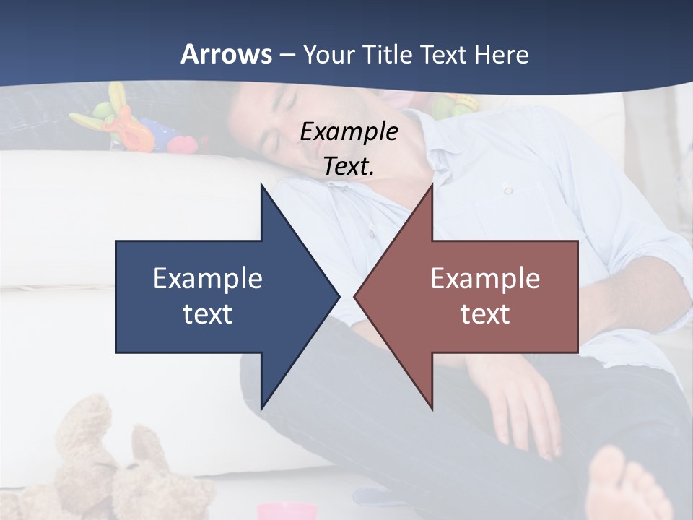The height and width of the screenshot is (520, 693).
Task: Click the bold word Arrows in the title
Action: click(227, 54)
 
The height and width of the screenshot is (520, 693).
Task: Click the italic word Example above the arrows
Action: click(349, 131)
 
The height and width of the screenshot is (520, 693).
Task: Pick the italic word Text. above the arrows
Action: click(349, 166)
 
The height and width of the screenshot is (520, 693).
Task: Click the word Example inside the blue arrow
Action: click(208, 279)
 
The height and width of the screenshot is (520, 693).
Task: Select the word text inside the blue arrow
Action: click(208, 313)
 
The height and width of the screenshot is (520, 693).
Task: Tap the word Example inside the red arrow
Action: click(485, 279)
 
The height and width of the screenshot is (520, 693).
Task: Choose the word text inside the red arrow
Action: click(485, 313)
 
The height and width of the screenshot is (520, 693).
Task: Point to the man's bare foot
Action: click(621, 484)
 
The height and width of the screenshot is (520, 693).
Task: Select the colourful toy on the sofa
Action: click(130, 123)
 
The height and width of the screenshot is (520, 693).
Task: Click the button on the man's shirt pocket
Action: click(508, 190)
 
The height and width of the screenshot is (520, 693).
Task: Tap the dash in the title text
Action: click(287, 55)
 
